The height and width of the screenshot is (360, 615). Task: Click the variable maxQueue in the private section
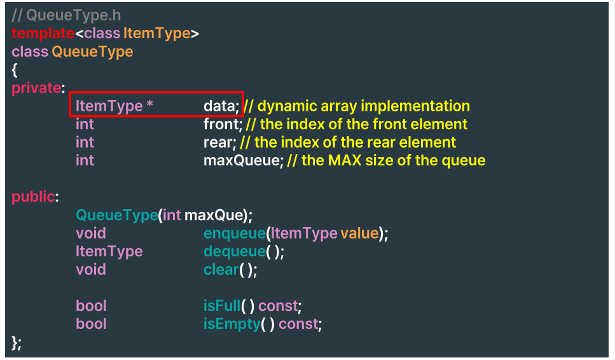coord(242,160)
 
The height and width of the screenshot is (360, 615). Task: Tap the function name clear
coord(221,270)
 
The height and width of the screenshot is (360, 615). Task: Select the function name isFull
coord(223,306)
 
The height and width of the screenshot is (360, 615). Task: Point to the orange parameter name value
coord(359,233)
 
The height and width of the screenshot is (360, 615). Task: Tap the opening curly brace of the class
coord(15,70)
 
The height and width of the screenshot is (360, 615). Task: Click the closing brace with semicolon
coord(17,342)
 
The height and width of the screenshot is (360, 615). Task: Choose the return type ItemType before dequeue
coord(109,251)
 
